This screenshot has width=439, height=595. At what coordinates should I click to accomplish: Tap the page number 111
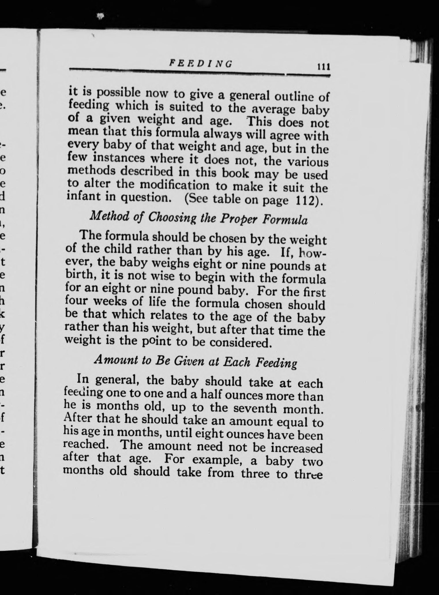[323, 67]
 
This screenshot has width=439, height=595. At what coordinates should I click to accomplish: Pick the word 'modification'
[172, 185]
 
